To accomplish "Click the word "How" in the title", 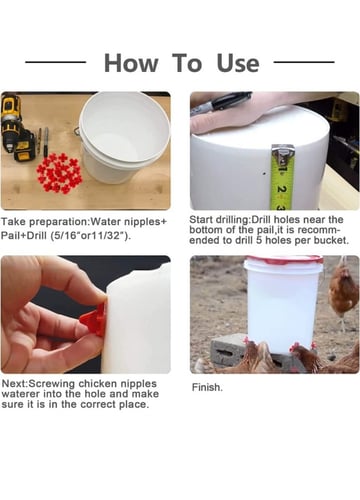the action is pyautogui.click(x=131, y=63).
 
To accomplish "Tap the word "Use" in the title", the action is pyautogui.click(x=238, y=63).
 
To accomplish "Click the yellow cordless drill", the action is pyautogui.click(x=17, y=128).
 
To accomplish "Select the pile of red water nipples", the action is pyautogui.click(x=59, y=173).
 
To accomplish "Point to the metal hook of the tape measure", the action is pyautogui.click(x=283, y=153).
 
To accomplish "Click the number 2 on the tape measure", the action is pyautogui.click(x=282, y=189).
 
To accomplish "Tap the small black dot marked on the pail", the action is pyautogui.click(x=264, y=173).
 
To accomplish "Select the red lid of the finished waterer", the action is pyautogui.click(x=283, y=260).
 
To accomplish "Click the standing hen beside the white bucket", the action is pyautogui.click(x=343, y=292).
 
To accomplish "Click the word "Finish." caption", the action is pyautogui.click(x=207, y=387).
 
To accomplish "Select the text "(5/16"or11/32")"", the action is pyautogui.click(x=90, y=236).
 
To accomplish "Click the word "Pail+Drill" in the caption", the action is pyautogui.click(x=24, y=236).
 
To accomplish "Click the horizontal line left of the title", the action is pyautogui.click(x=56, y=62).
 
